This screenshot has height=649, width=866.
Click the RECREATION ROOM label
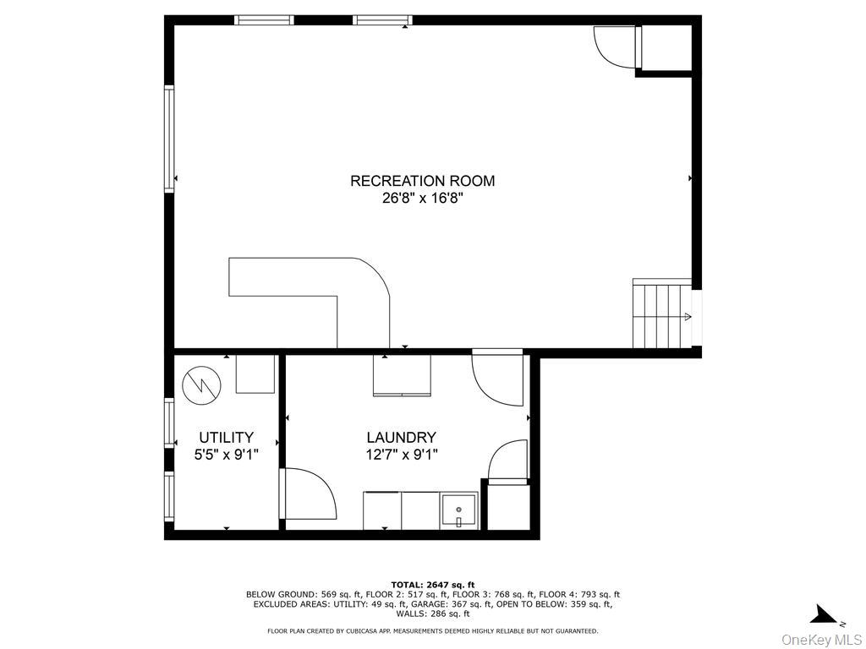pyautogui.click(x=422, y=181)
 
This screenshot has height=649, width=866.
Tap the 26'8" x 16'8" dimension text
pyautogui.click(x=422, y=198)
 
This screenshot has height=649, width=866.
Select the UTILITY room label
pyautogui.click(x=226, y=438)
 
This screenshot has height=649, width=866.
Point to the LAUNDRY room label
pyautogui.click(x=401, y=438)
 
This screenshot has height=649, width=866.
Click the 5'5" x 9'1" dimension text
pyautogui.click(x=226, y=455)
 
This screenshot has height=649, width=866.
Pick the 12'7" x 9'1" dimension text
pyautogui.click(x=401, y=455)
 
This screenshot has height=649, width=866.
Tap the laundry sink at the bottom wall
pyautogui.click(x=459, y=511)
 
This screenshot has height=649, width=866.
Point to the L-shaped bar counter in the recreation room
pyautogui.click(x=338, y=287)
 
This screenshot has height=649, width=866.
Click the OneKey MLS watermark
pyautogui.click(x=821, y=639)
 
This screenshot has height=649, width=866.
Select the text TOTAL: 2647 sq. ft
pyautogui.click(x=432, y=585)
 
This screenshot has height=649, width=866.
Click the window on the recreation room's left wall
pyautogui.click(x=169, y=139)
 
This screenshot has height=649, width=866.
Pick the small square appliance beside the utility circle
pyautogui.click(x=255, y=374)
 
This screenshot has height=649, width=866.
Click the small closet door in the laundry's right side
pyautogui.click(x=508, y=461)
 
